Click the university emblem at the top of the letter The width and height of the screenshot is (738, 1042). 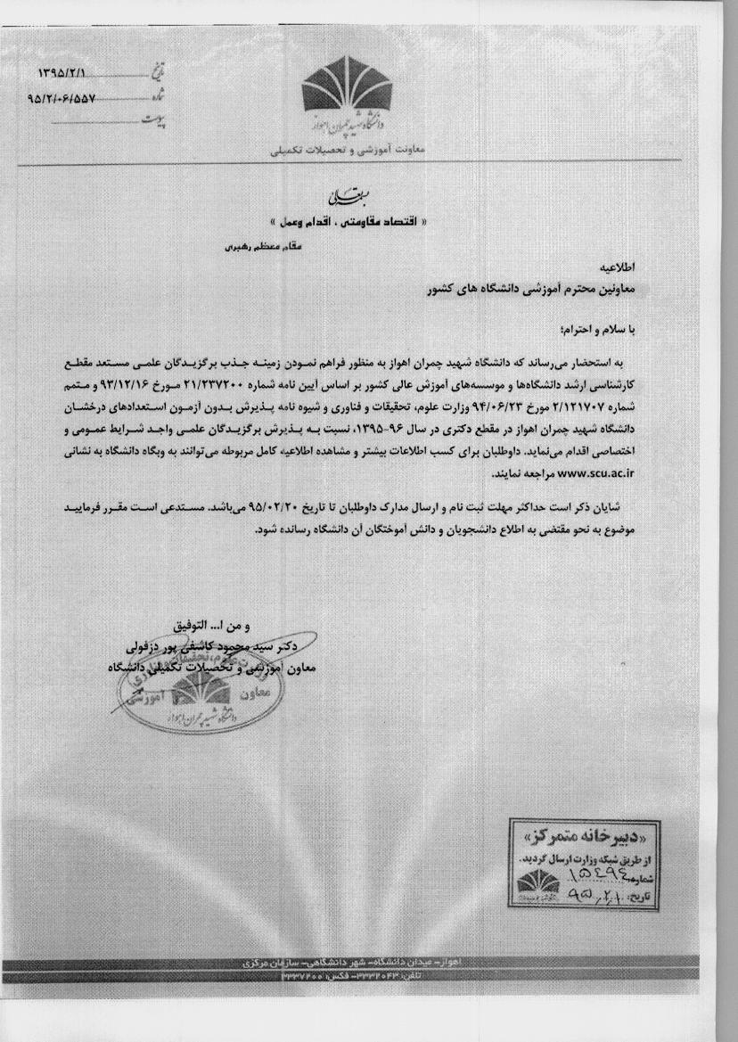click(x=348, y=94)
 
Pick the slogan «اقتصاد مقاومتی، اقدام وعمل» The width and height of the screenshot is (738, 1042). click(x=348, y=218)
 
